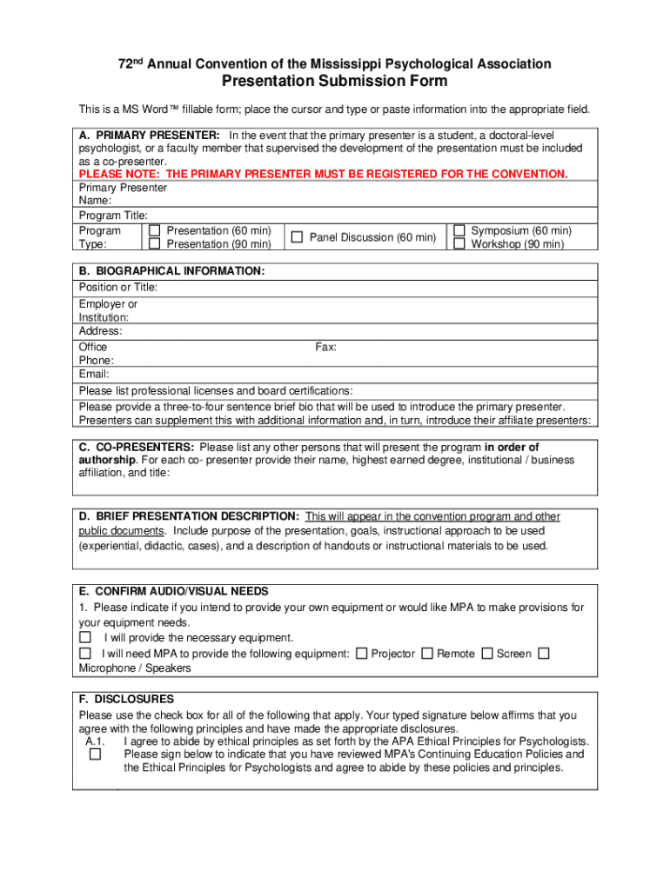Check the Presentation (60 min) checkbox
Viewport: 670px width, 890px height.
[154, 231]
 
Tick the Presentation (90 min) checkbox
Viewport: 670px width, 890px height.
[154, 244]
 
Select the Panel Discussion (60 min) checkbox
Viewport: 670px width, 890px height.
[297, 237]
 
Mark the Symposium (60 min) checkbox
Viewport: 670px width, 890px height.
[459, 231]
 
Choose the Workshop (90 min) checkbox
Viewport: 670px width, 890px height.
[459, 244]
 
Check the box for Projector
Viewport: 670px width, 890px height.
[361, 653]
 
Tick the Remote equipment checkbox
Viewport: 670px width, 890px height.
[426, 653]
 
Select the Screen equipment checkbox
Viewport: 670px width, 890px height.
[486, 653]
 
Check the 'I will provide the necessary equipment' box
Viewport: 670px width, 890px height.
[85, 637]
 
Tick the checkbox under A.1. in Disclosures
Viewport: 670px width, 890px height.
[95, 754]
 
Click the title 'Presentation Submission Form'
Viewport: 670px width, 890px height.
[335, 82]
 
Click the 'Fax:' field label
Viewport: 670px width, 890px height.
[325, 347]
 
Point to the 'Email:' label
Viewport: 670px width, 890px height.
[94, 375]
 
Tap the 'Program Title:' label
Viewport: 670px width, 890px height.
[113, 215]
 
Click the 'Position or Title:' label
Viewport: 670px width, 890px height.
[118, 287]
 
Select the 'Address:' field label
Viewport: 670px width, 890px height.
[101, 331]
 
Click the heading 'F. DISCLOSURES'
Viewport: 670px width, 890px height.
[126, 699]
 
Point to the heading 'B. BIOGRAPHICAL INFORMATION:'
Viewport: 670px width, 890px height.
[171, 271]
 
